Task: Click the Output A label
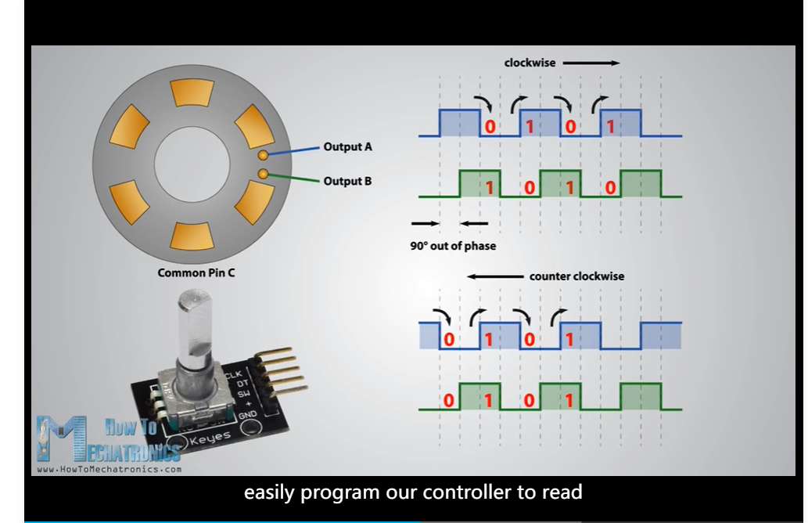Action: coord(347,146)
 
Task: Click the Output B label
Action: coord(347,182)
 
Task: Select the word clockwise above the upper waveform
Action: coord(530,63)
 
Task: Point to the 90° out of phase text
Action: coord(453,246)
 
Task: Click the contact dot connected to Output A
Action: coord(264,157)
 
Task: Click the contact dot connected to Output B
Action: coord(264,174)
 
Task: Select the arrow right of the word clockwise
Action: coord(591,63)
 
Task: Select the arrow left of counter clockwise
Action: coord(494,276)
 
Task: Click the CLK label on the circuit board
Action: coord(233,375)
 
